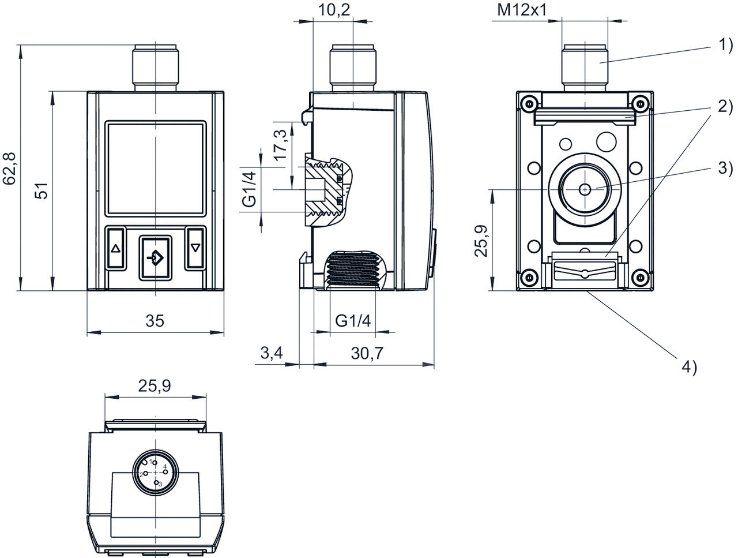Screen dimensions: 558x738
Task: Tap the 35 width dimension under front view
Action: (155, 321)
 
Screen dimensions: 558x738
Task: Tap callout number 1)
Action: (725, 44)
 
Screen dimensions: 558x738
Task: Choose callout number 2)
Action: (725, 106)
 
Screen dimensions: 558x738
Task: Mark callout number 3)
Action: (725, 168)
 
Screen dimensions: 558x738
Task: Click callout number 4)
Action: (690, 366)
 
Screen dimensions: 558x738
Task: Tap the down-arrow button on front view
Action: (195, 249)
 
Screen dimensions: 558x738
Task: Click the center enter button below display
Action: (155, 258)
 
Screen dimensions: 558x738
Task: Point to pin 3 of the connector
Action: (156, 482)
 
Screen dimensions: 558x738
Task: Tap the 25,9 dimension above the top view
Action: (155, 385)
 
